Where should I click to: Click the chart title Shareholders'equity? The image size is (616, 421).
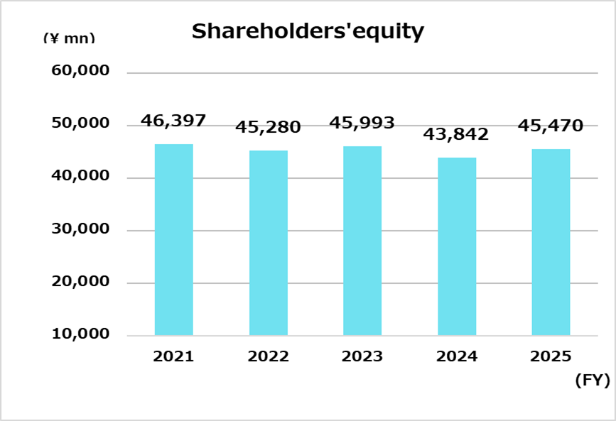pyautogui.click(x=308, y=32)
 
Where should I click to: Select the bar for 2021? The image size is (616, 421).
pyautogui.click(x=173, y=239)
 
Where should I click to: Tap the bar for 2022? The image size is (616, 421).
pyautogui.click(x=269, y=243)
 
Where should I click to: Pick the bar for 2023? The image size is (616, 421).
pyautogui.click(x=362, y=241)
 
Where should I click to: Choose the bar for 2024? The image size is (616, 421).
pyautogui.click(x=457, y=246)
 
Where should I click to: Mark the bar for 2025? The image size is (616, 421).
pyautogui.click(x=551, y=242)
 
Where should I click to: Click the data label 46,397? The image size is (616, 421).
pyautogui.click(x=173, y=121)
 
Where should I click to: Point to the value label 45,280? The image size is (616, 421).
pyautogui.click(x=269, y=128)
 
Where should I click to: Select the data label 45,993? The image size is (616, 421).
pyautogui.click(x=362, y=123)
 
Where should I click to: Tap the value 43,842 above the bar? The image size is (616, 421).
pyautogui.click(x=456, y=134)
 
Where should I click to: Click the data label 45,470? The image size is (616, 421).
pyautogui.click(x=551, y=126)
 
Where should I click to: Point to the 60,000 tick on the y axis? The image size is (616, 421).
pyautogui.click(x=81, y=71)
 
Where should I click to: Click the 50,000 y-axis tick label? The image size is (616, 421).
pyautogui.click(x=81, y=124)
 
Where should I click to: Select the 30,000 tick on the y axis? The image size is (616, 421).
pyautogui.click(x=81, y=229)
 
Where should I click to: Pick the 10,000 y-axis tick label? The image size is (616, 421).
pyautogui.click(x=81, y=334)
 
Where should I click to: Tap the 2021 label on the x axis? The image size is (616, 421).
pyautogui.click(x=173, y=356)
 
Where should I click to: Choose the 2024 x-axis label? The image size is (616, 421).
pyautogui.click(x=457, y=356)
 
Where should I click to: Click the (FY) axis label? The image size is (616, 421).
pyautogui.click(x=592, y=381)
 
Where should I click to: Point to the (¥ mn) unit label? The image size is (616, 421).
pyautogui.click(x=69, y=38)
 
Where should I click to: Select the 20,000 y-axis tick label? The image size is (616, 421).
pyautogui.click(x=81, y=281)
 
